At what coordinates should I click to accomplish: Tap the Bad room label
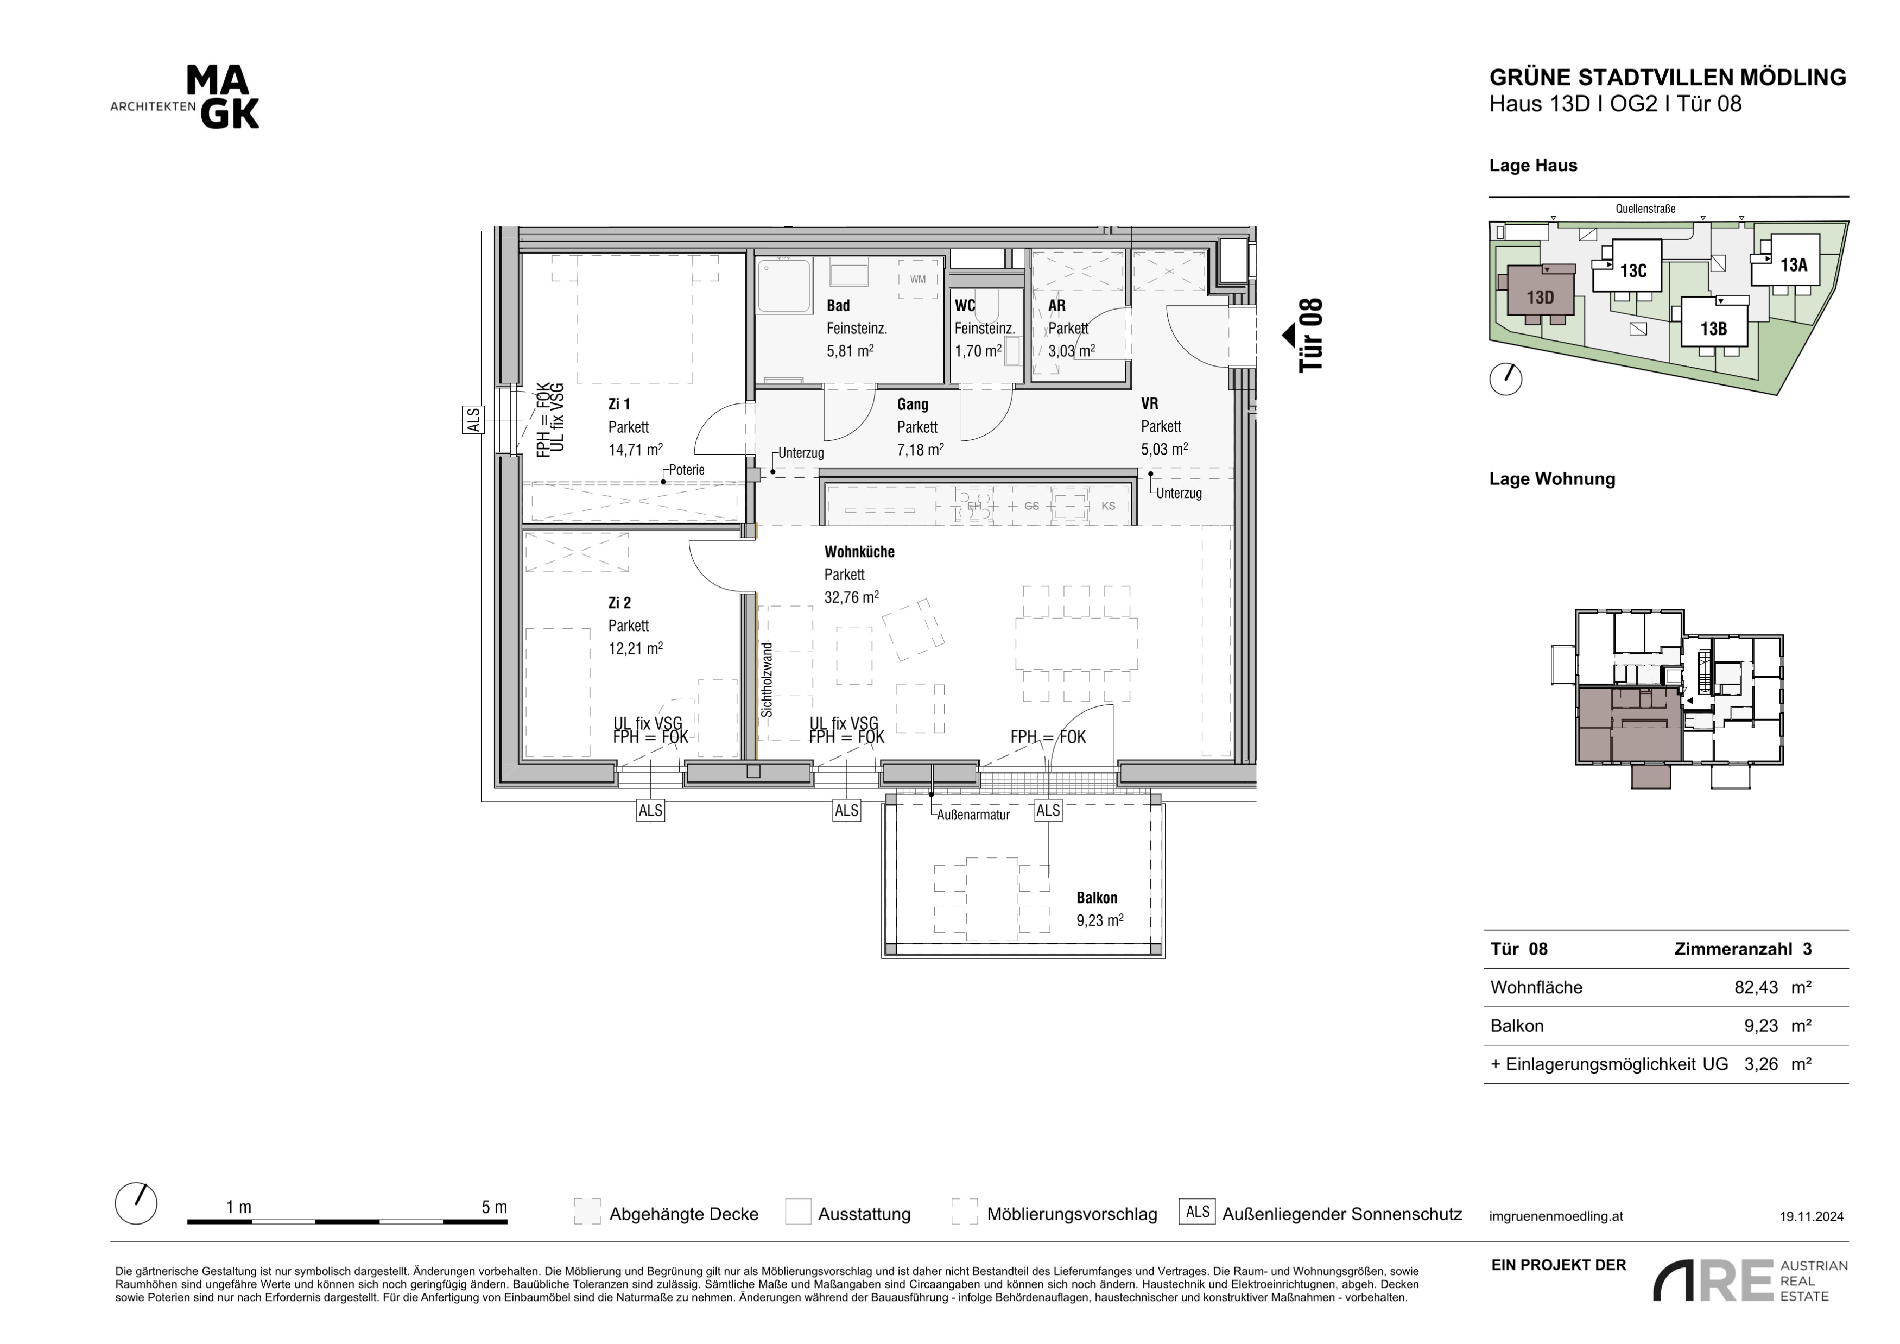[x=838, y=305]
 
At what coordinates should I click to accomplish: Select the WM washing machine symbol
[x=918, y=280]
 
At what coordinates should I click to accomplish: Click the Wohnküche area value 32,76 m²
[x=852, y=597]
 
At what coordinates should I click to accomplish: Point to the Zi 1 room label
[x=619, y=404]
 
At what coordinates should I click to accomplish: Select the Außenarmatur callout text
[x=973, y=815]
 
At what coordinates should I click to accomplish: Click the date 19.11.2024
[x=1812, y=1216]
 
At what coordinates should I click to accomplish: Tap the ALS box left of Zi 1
[x=473, y=420]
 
